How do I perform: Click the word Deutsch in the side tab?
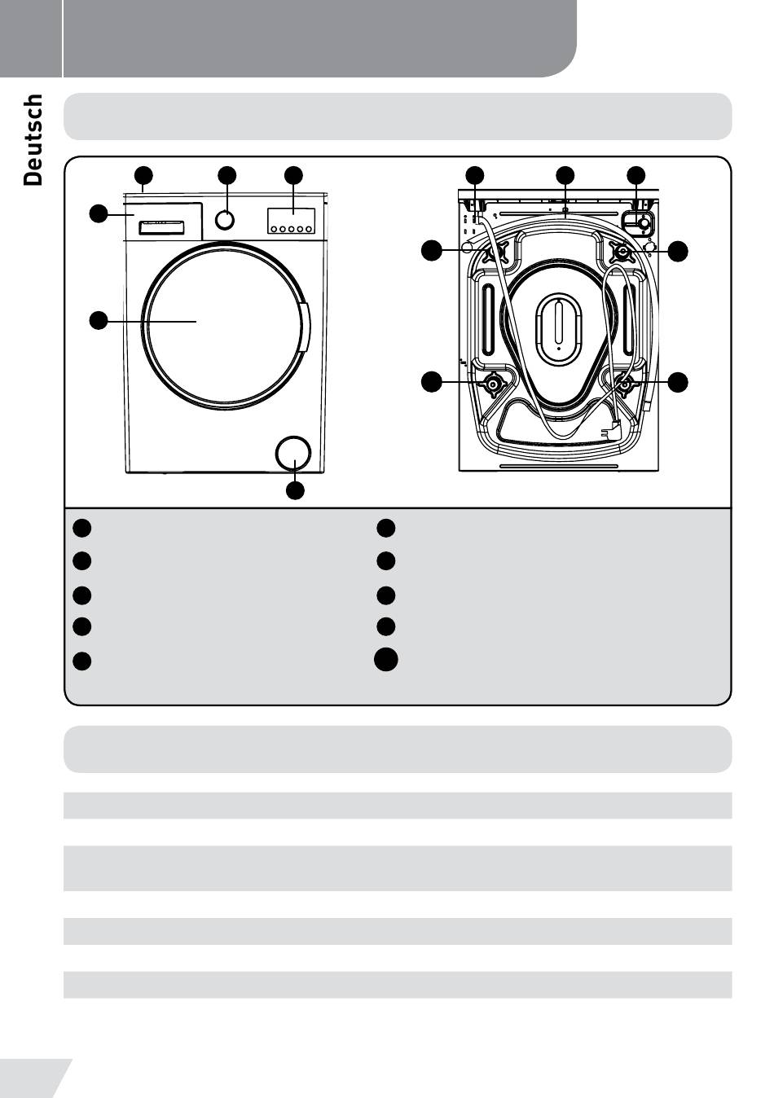pyautogui.click(x=33, y=139)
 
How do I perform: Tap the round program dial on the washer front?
pyautogui.click(x=225, y=219)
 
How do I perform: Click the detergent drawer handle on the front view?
pyautogui.click(x=157, y=225)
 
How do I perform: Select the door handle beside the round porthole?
pyautogui.click(x=305, y=327)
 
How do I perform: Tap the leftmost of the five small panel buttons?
pyautogui.click(x=274, y=230)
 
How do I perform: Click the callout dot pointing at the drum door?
pyautogui.click(x=98, y=320)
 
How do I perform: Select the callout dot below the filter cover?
pyautogui.click(x=295, y=490)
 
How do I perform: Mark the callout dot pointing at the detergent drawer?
pyautogui.click(x=98, y=214)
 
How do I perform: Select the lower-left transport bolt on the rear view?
pyautogui.click(x=492, y=384)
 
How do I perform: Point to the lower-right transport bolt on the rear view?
pyautogui.click(x=625, y=384)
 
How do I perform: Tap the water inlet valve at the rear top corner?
pyautogui.click(x=640, y=222)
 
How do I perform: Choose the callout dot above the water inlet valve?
pyautogui.click(x=636, y=175)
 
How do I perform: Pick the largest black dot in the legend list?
pyautogui.click(x=386, y=660)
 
